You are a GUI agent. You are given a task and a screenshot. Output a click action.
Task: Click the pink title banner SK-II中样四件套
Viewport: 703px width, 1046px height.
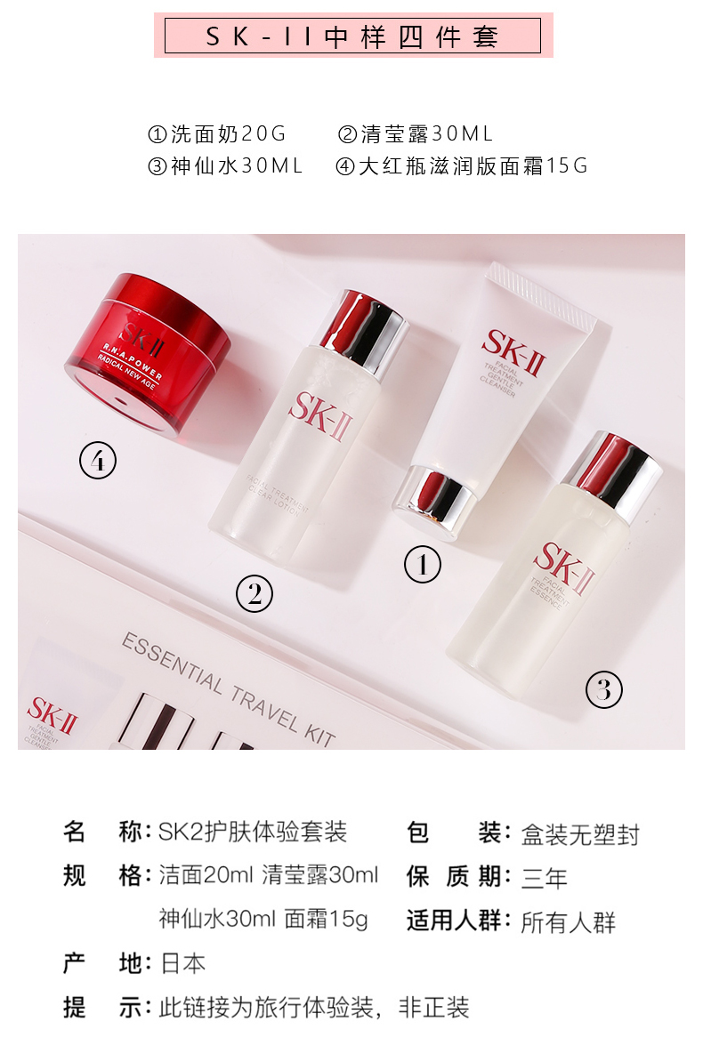[x=353, y=36]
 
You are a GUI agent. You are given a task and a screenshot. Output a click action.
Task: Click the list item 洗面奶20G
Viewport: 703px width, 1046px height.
[x=217, y=134]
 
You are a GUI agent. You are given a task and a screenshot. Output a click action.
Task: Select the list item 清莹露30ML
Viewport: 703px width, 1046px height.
[x=416, y=134]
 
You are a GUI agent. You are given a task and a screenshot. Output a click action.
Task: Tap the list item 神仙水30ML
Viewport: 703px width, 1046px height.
[x=225, y=165]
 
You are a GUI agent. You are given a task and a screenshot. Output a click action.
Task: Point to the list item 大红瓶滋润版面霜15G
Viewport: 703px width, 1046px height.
[x=461, y=165]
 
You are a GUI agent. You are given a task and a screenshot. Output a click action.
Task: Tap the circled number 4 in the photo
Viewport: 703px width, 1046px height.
[x=98, y=461]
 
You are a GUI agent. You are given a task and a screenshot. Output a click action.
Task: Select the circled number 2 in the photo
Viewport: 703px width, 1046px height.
[x=255, y=593]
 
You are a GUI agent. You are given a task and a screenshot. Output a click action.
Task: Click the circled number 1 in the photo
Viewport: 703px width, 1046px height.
[x=423, y=564]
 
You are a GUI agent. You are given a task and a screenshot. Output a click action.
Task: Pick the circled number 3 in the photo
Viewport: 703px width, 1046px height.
[x=604, y=689]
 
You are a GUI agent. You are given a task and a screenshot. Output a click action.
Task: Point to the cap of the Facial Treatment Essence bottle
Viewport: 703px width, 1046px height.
[x=613, y=474]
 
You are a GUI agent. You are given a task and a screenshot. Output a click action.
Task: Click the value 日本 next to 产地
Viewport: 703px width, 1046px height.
[x=182, y=963]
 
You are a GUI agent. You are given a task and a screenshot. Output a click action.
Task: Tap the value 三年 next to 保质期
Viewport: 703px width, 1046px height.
[x=544, y=877]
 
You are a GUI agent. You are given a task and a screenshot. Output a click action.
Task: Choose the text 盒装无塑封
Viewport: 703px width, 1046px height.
[x=580, y=834]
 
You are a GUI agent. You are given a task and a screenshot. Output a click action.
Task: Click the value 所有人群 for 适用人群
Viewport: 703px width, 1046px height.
[x=568, y=921]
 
